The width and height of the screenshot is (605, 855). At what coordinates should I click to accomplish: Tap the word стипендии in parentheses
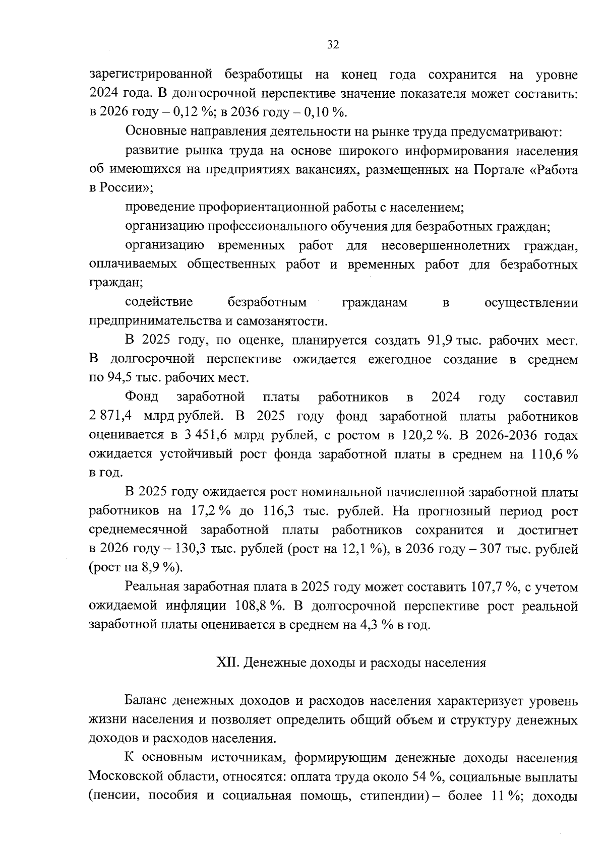tap(391, 796)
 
